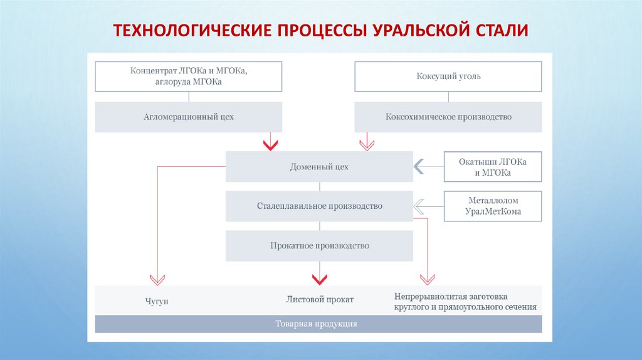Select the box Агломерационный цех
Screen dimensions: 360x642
[189, 117]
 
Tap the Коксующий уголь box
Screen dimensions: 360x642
[448, 77]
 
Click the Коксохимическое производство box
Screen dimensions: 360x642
[448, 117]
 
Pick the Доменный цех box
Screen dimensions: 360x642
[319, 167]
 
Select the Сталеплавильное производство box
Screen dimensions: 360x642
[319, 206]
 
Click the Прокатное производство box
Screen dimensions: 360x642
[319, 246]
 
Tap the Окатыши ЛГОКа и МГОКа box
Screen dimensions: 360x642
[492, 167]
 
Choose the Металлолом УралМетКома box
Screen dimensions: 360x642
[493, 206]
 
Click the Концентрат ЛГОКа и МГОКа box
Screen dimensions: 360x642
[189, 77]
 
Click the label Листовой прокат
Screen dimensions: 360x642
[320, 300]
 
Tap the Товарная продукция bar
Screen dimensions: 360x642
[318, 324]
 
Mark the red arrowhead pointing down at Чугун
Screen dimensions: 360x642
[157, 278]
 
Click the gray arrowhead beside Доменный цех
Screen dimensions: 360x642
[418, 167]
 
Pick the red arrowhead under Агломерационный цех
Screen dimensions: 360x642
[270, 145]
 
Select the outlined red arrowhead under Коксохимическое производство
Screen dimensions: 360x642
[366, 145]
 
